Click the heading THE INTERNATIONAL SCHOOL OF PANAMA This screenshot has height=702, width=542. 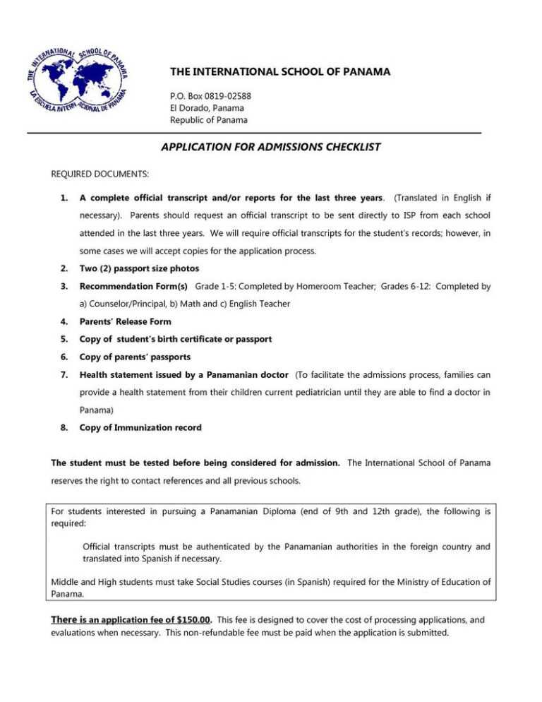click(280, 72)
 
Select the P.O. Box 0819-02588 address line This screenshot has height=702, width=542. click(210, 96)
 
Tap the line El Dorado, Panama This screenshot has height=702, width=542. click(207, 108)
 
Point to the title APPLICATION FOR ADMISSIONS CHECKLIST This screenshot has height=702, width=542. click(271, 147)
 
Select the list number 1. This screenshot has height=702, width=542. click(64, 194)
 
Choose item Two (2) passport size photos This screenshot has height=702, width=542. click(139, 268)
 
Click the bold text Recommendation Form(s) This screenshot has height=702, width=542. click(133, 287)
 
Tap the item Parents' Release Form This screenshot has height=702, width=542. click(125, 321)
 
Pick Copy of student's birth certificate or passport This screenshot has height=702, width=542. click(175, 339)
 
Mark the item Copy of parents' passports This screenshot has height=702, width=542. click(135, 357)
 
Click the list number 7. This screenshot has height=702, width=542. click(64, 374)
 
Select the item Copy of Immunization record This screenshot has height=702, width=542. click(140, 427)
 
